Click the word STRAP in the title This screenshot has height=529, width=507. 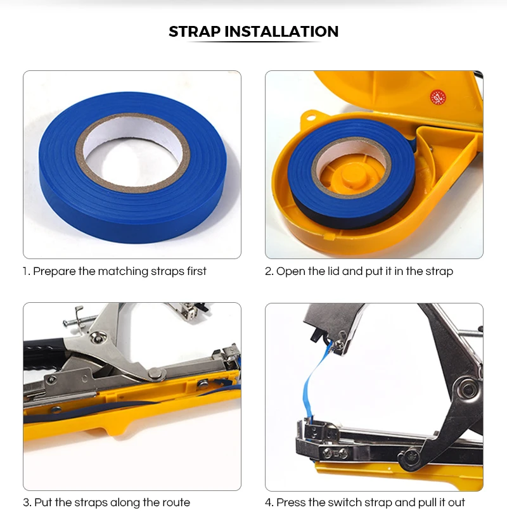pos(195,32)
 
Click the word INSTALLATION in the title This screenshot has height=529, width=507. pos(281,32)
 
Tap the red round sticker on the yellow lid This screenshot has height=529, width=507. pos(438,98)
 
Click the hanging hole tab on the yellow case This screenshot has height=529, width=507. pos(311,117)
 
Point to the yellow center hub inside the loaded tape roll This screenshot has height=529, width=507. pos(351,174)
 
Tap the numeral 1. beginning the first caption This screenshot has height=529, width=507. pos(27,272)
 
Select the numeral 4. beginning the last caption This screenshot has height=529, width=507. pos(269,502)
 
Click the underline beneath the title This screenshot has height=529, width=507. pos(253,42)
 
